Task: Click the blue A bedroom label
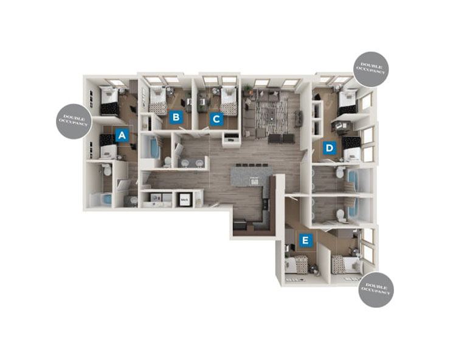tap(122, 135)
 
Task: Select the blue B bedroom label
tap(175, 118)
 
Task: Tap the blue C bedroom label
tap(215, 119)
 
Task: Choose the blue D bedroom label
tap(330, 147)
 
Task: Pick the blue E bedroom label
tap(306, 241)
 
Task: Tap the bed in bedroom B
tap(158, 102)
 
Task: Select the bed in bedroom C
tap(229, 102)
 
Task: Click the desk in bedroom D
tap(339, 126)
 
